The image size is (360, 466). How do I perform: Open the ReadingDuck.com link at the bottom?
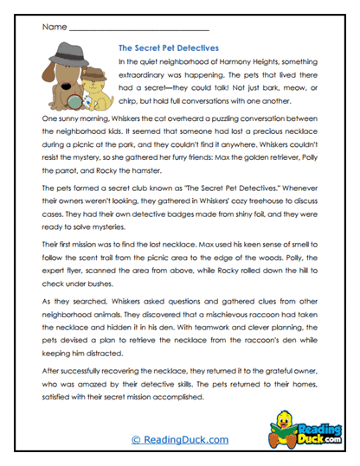point(179,439)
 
